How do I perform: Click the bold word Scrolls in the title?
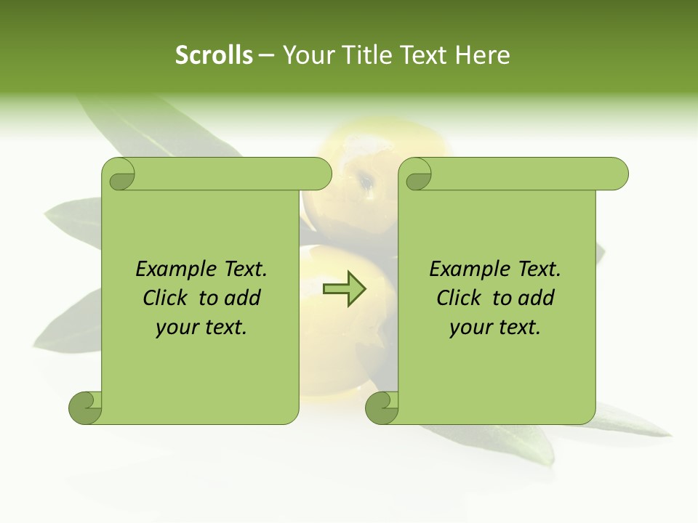pyautogui.click(x=214, y=55)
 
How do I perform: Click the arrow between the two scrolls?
pyautogui.click(x=345, y=289)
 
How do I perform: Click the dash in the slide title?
pyautogui.click(x=267, y=55)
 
